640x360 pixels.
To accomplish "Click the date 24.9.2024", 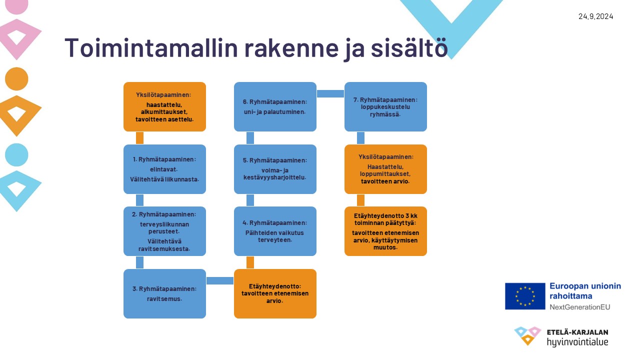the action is [595, 16].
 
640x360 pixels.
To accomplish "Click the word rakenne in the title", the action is [291, 47].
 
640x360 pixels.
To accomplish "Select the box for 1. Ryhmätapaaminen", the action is [164, 169].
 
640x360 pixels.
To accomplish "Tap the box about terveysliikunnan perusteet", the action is [164, 231].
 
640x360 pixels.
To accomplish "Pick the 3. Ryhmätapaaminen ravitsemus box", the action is [164, 293].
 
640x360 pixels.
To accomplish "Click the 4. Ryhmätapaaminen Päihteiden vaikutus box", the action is [275, 231].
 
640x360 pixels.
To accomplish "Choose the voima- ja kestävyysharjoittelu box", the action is [275, 169].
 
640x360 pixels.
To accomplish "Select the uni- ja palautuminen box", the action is [275, 107].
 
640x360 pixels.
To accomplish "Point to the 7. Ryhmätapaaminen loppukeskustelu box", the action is [385, 107].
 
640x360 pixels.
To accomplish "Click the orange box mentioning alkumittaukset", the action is [164, 107].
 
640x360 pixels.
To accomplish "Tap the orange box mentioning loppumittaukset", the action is [385, 169].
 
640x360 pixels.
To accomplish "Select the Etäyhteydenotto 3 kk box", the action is [385, 231].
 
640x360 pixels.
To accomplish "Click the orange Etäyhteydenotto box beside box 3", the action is [275, 293].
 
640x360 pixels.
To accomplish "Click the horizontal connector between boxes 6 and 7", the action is [330, 93].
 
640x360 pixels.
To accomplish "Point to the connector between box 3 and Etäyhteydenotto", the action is [220, 280].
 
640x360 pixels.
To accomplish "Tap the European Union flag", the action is [525, 296].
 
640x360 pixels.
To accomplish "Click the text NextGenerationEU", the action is [579, 307].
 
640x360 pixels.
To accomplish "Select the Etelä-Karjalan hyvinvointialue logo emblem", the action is [527, 335].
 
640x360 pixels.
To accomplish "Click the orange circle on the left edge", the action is [16, 79].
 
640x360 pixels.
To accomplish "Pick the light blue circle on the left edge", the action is [16, 155].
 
